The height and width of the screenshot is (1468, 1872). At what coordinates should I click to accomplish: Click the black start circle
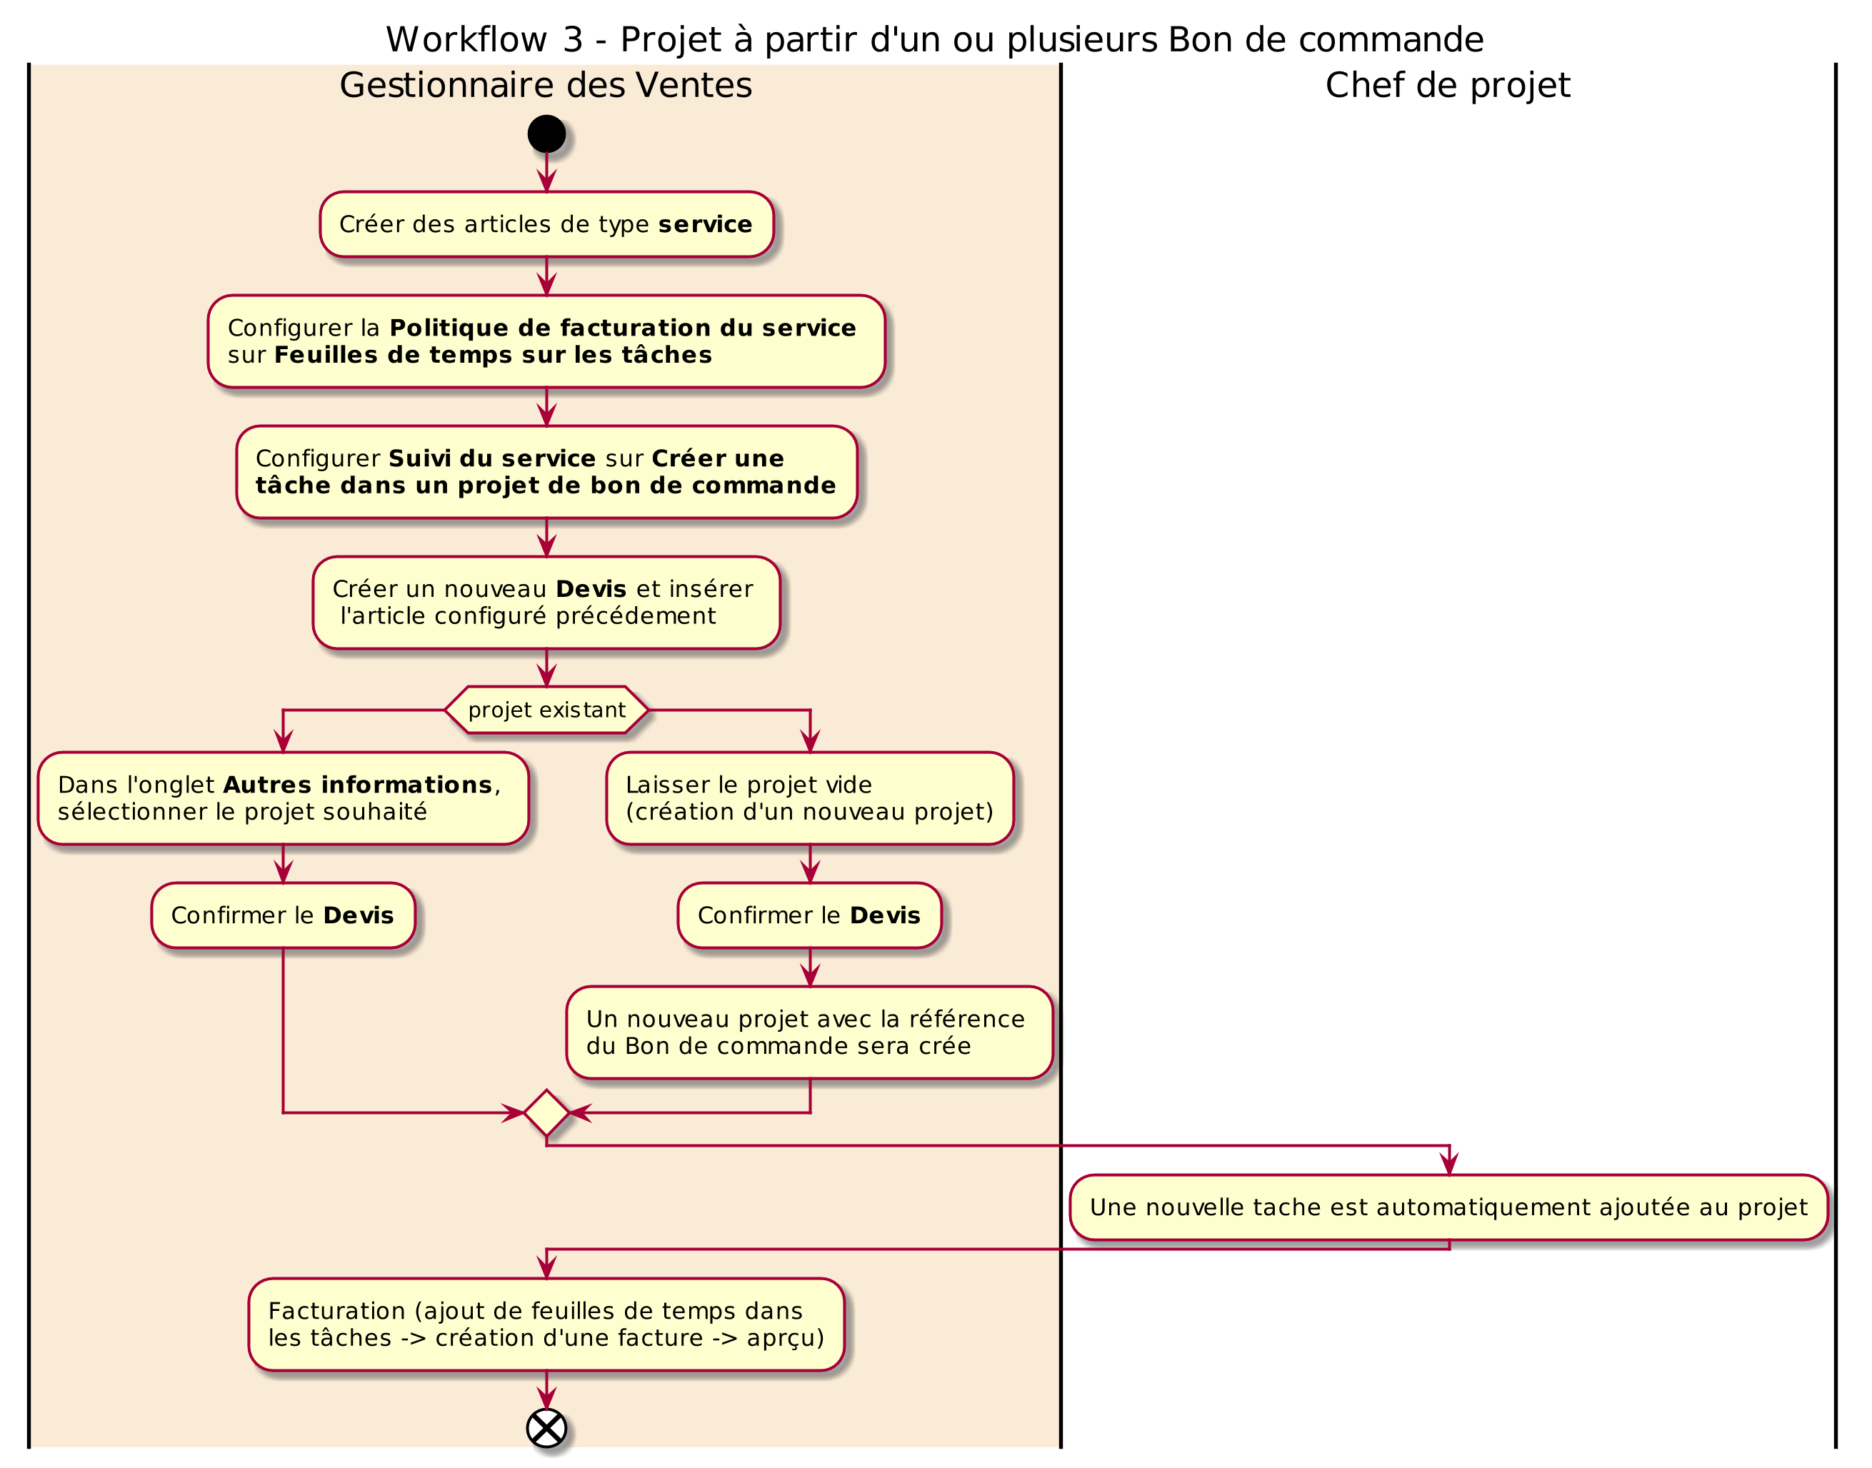pos(546,134)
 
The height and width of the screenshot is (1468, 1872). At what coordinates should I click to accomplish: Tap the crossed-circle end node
pos(546,1429)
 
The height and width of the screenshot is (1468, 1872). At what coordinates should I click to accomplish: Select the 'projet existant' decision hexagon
pos(546,710)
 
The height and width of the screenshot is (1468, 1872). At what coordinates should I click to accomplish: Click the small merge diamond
pos(546,1113)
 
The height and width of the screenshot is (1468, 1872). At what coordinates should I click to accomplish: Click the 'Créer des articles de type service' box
pos(546,224)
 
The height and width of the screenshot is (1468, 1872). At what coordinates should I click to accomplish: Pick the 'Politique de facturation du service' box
pos(546,341)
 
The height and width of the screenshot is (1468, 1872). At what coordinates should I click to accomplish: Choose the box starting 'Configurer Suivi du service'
pos(546,472)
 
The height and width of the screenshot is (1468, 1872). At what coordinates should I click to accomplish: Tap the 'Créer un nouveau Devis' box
pos(546,603)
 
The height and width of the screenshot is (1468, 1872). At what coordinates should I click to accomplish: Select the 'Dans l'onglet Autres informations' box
pos(283,798)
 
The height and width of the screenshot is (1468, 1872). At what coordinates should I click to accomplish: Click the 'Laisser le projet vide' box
pos(810,798)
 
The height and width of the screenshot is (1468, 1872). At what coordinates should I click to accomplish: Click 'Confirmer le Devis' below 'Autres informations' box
pos(283,915)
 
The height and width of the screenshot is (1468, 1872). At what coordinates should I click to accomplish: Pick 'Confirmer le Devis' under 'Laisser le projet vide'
pos(810,915)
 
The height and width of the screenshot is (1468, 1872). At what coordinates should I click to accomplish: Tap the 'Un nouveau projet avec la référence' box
pos(810,1032)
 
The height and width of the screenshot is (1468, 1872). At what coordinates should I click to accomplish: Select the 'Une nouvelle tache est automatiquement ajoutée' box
pos(1449,1207)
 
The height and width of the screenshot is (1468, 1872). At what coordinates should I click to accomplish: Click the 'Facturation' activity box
pos(546,1324)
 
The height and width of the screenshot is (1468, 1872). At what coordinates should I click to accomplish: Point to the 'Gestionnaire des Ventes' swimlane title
pos(546,85)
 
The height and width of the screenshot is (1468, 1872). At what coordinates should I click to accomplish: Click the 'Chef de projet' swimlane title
pos(1448,85)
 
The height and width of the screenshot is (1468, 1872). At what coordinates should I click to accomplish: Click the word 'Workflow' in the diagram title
pos(466,39)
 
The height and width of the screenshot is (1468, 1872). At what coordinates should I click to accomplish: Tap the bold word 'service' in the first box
pos(706,224)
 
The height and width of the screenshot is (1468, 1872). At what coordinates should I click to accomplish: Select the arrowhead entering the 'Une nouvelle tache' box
pos(1449,1165)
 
